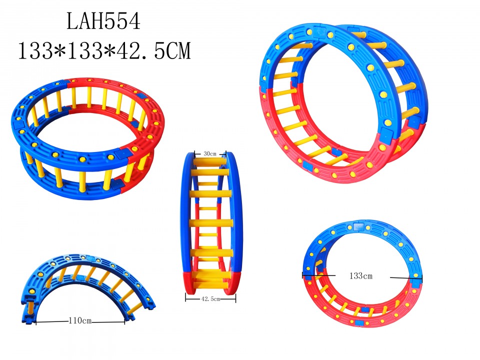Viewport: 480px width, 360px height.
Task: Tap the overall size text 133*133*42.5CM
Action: coord(104,50)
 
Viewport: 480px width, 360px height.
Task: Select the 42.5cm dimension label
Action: coord(210,298)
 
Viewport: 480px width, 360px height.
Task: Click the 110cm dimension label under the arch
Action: coord(80,320)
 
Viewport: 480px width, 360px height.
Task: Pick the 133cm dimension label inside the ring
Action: coord(361,275)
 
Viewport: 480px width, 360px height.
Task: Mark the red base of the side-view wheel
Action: coord(210,283)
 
